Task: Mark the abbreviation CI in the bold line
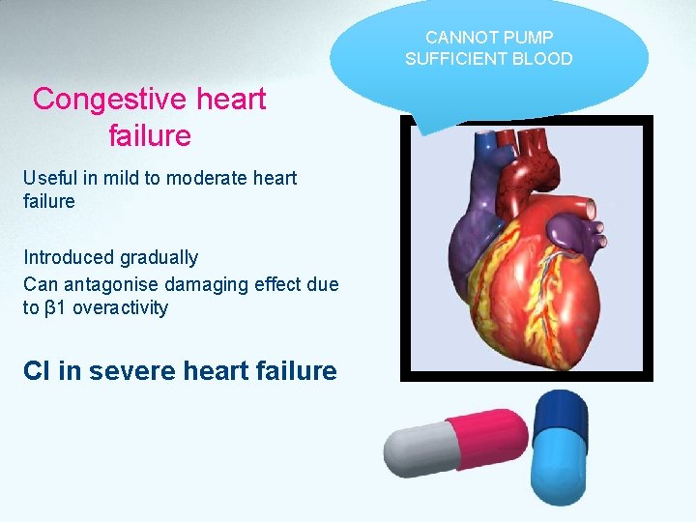37,371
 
